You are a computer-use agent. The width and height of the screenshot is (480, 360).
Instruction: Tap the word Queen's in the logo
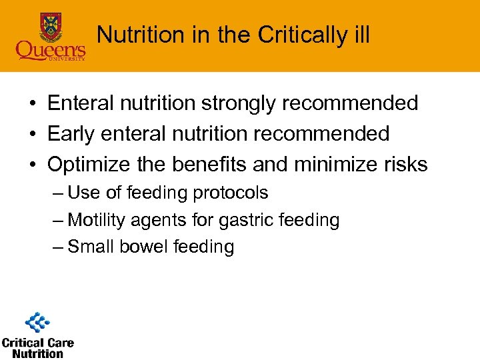click(51, 50)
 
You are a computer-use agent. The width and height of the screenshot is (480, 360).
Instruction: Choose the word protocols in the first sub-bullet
click(230, 193)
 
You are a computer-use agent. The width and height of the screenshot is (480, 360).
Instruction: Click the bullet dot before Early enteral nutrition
click(31, 134)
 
